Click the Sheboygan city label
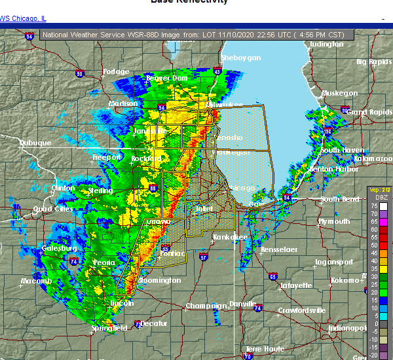pyautogui.click(x=241, y=58)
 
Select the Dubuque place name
pyautogui.click(x=35, y=143)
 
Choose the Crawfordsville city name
pyautogui.click(x=301, y=310)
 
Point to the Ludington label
pyautogui.click(x=326, y=45)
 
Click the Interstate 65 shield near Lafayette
pyautogui.click(x=272, y=277)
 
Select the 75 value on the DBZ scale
pyautogui.click(x=373, y=206)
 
